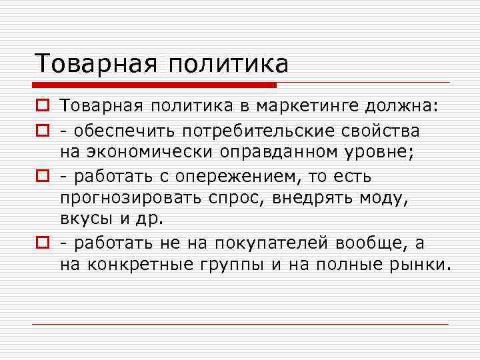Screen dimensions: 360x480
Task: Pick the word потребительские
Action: [247, 130]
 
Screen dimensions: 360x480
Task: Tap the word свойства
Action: [377, 130]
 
